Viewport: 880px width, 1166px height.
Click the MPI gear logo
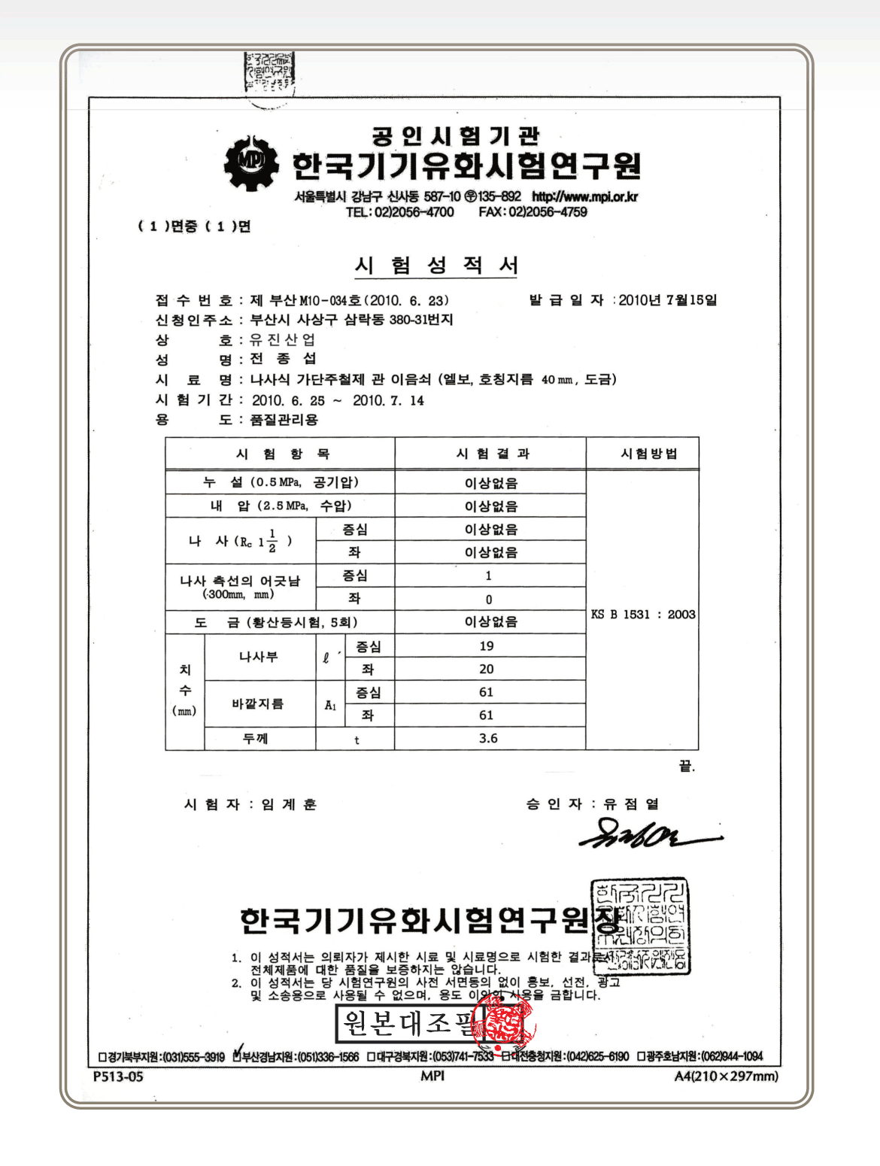coord(251,163)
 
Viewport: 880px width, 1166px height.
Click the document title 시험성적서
coord(436,266)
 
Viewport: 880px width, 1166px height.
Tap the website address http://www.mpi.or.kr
coord(585,196)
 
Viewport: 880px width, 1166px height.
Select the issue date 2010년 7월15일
coord(668,300)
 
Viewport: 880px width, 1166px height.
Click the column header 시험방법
coord(648,454)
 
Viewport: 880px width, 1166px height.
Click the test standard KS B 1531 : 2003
coord(643,614)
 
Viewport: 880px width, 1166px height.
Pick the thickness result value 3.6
coord(488,739)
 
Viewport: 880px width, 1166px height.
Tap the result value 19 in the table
coord(487,646)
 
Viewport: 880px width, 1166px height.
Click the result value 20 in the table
coord(487,669)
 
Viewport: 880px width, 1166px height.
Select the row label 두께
coord(256,739)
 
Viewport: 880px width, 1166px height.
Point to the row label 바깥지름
coord(257,704)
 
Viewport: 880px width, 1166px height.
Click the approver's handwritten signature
coord(647,835)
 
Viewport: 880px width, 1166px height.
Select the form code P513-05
coord(117,1076)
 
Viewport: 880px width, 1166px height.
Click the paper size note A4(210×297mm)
coord(726,1076)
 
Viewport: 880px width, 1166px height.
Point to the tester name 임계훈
coord(289,805)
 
